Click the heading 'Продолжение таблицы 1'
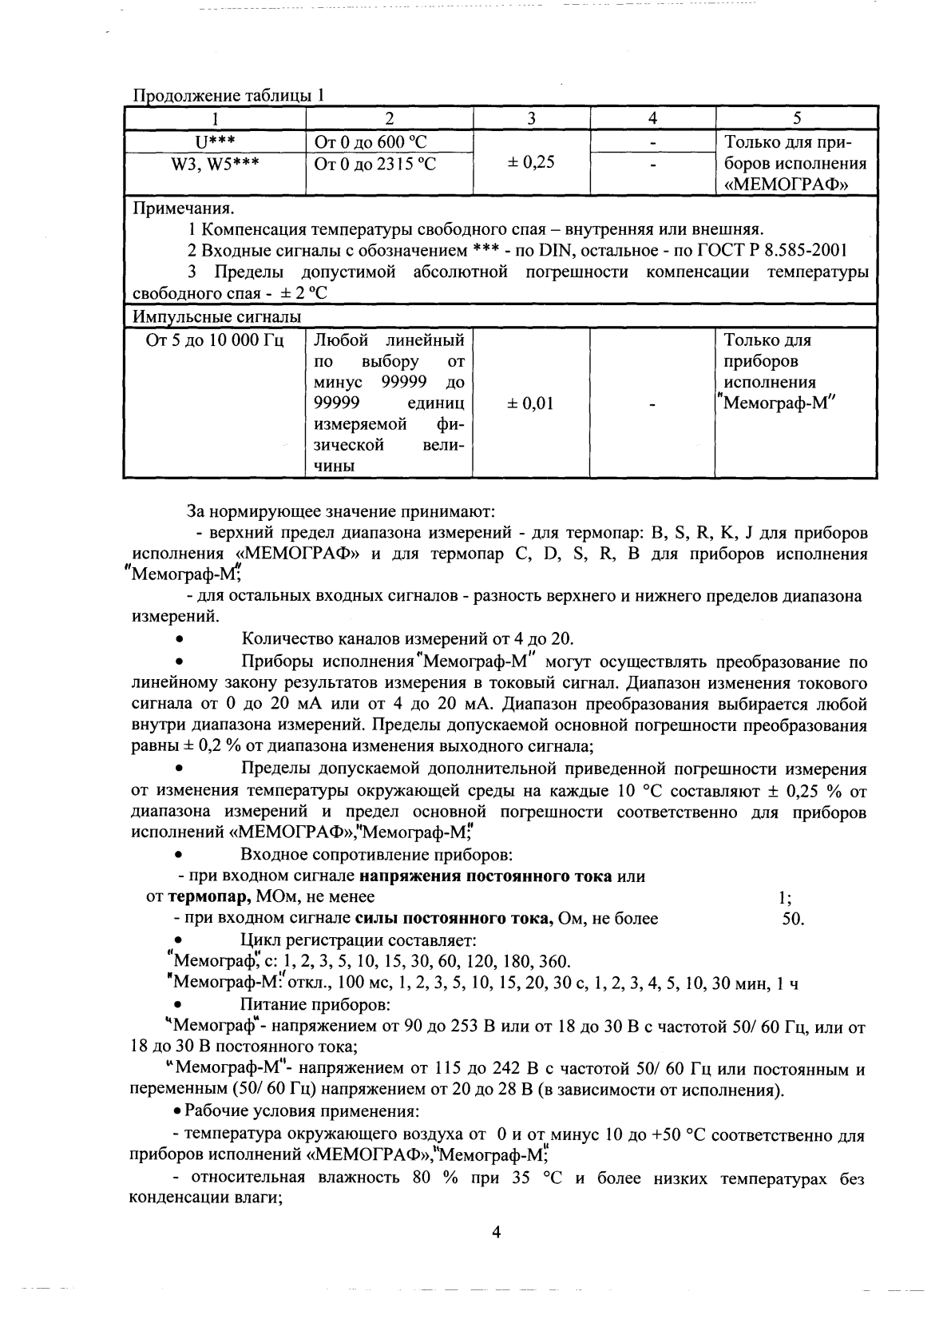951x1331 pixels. point(228,95)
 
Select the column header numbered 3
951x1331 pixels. point(531,118)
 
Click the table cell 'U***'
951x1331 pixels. point(215,142)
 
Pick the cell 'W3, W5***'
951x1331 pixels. point(215,164)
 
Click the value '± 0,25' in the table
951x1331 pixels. point(531,162)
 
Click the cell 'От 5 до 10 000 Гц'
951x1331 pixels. point(215,340)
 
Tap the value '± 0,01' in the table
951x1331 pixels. point(530,403)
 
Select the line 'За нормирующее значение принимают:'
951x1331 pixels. point(340,510)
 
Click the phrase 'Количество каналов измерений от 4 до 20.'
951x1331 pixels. point(407,638)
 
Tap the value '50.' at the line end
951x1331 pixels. point(793,918)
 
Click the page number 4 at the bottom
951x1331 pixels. point(496,1233)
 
